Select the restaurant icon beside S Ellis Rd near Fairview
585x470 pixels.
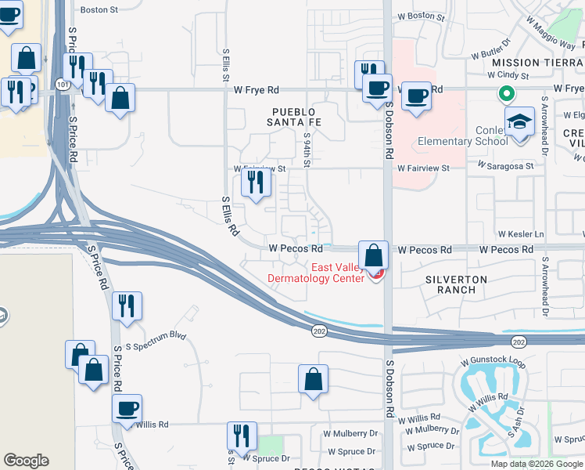[x=255, y=183]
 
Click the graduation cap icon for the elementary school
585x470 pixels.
[x=519, y=122]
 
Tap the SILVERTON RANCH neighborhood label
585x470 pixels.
[x=456, y=284]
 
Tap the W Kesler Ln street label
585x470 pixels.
[x=521, y=234]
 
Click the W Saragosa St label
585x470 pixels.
[x=507, y=167]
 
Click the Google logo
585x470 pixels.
[x=26, y=461]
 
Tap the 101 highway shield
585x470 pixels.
[x=63, y=84]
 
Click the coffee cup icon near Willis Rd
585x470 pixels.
[x=127, y=407]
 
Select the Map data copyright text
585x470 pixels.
[x=537, y=464]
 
